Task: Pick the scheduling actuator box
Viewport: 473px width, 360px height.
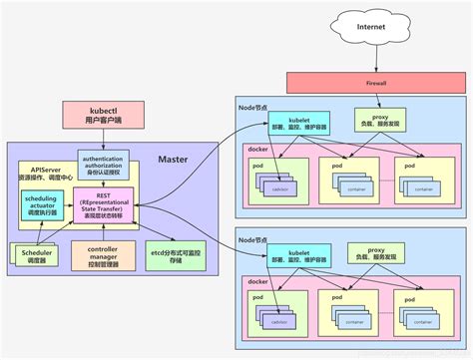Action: pyautogui.click(x=41, y=205)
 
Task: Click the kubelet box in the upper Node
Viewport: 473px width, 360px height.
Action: pyautogui.click(x=292, y=122)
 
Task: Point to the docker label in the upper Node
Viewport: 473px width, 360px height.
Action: pyautogui.click(x=256, y=150)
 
